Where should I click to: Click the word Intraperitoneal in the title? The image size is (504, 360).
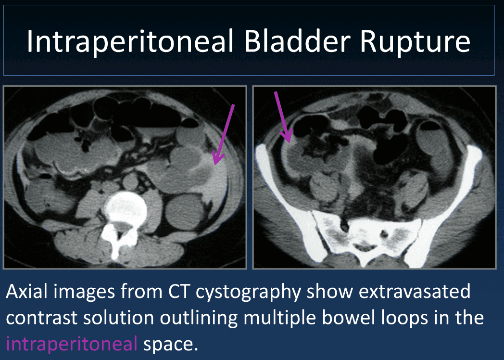pyautogui.click(x=130, y=41)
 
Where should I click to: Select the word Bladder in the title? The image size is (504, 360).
pyautogui.click(x=297, y=41)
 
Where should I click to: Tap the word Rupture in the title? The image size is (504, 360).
pyautogui.click(x=415, y=42)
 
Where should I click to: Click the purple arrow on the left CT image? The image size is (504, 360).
pyautogui.click(x=224, y=134)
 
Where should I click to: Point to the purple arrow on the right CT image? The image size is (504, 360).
pyautogui.click(x=283, y=117)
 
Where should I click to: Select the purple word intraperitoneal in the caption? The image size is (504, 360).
pyautogui.click(x=72, y=344)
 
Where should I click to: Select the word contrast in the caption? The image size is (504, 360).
pyautogui.click(x=41, y=318)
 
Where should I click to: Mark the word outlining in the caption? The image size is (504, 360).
pyautogui.click(x=199, y=318)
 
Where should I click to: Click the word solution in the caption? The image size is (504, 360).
pyautogui.click(x=119, y=318)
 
